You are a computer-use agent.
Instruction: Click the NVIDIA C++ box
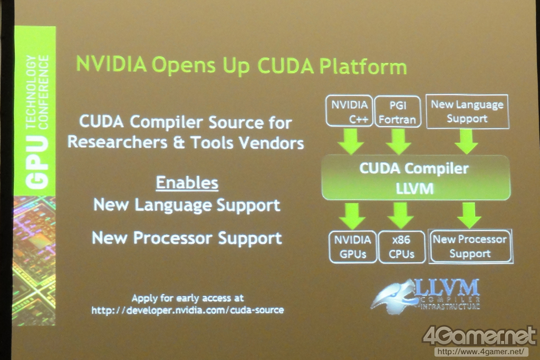(x=349, y=111)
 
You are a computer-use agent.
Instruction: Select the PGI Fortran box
(x=398, y=112)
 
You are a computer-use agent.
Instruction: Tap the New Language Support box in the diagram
(x=467, y=112)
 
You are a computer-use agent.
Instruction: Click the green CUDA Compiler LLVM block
(x=416, y=178)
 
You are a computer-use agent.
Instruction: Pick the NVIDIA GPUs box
(x=353, y=247)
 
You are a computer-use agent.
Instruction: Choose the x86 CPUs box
(x=401, y=247)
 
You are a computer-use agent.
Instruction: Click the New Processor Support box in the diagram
(x=470, y=247)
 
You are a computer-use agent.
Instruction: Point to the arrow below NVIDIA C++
(x=351, y=141)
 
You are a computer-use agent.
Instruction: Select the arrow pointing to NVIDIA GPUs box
(x=352, y=216)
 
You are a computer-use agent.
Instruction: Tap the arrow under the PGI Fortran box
(x=399, y=141)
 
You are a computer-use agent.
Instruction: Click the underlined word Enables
(x=187, y=183)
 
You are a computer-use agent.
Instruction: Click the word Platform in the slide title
(x=363, y=66)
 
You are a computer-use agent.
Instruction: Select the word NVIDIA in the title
(x=111, y=64)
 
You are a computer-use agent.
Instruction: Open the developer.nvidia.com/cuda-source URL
(x=188, y=310)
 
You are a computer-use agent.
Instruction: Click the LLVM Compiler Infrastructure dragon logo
(x=426, y=296)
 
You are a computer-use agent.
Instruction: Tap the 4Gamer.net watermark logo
(x=479, y=336)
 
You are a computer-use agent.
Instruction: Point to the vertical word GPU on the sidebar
(x=37, y=162)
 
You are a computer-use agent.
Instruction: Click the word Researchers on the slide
(x=118, y=142)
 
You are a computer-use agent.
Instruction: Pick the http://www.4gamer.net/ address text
(x=481, y=352)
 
